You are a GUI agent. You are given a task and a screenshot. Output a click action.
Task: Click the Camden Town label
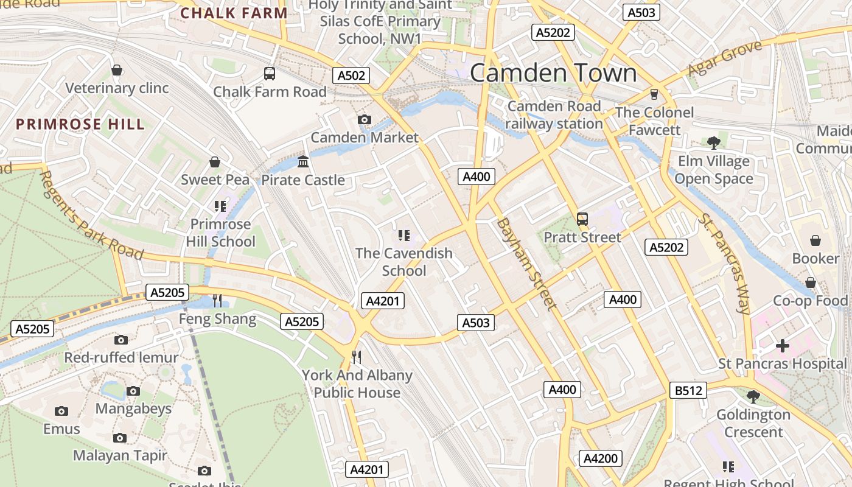(x=553, y=73)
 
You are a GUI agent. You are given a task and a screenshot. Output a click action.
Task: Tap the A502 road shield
(x=351, y=75)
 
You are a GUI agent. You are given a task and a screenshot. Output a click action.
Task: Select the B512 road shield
(x=688, y=390)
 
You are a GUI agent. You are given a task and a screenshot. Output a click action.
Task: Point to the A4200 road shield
(x=601, y=458)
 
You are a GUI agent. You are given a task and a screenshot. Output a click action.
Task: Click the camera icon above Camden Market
(x=365, y=119)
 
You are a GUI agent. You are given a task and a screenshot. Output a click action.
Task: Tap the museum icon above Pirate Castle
(x=303, y=162)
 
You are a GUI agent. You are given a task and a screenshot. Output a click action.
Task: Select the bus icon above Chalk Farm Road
(x=270, y=74)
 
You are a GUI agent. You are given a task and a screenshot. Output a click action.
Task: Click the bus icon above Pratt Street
(x=582, y=219)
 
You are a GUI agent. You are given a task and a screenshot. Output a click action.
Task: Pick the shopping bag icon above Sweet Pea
(x=215, y=162)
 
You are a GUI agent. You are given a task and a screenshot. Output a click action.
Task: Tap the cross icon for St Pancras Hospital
(x=782, y=346)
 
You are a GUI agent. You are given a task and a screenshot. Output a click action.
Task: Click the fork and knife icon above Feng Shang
(x=217, y=300)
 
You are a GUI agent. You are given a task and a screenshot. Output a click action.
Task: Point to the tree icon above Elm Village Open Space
(x=714, y=143)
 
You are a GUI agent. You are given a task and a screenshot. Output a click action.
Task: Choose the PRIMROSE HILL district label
(x=80, y=124)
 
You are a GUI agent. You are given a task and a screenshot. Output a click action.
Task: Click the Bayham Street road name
(x=526, y=264)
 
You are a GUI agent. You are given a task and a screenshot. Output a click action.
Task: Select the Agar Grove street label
(x=724, y=59)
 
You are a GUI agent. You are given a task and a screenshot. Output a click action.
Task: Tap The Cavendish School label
(x=404, y=262)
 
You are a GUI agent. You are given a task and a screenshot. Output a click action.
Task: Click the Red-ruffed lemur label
(x=121, y=357)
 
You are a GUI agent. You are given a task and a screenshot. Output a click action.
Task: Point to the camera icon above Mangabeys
(x=133, y=391)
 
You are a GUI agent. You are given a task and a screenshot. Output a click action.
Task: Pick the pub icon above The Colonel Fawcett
(x=654, y=94)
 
